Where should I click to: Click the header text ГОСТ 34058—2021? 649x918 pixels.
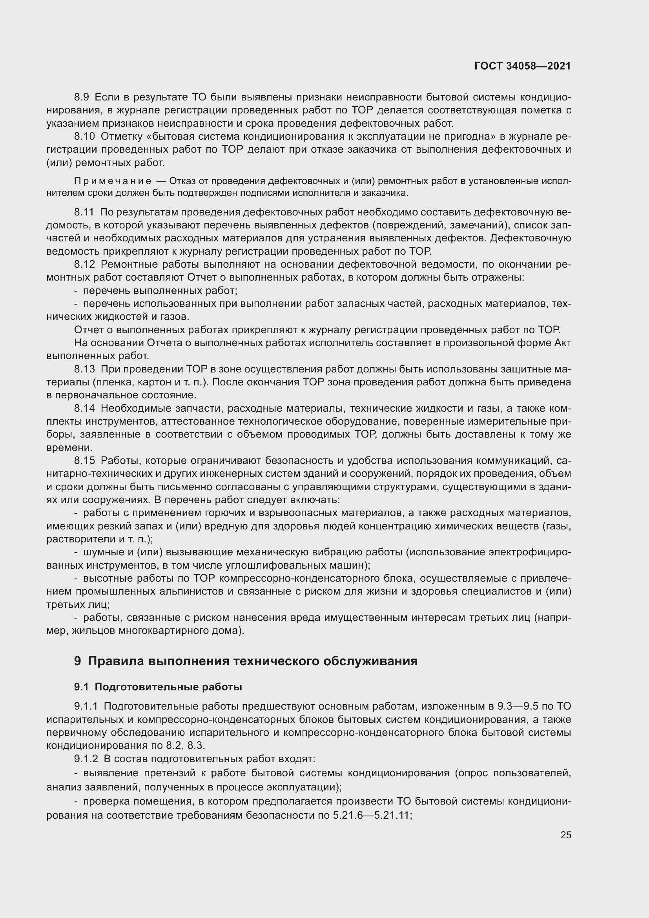(522, 66)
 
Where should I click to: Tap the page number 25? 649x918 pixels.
(565, 835)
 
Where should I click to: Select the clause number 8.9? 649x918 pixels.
(82, 97)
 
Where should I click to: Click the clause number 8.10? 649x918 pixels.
(84, 137)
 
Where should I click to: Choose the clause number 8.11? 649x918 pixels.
(84, 212)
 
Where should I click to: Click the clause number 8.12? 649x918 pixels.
(84, 265)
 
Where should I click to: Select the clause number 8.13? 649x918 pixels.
(84, 369)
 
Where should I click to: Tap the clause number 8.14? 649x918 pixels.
(84, 409)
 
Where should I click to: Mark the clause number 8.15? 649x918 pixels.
(84, 461)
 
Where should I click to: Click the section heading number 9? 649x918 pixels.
(78, 661)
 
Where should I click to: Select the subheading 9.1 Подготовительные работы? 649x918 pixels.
(158, 687)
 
